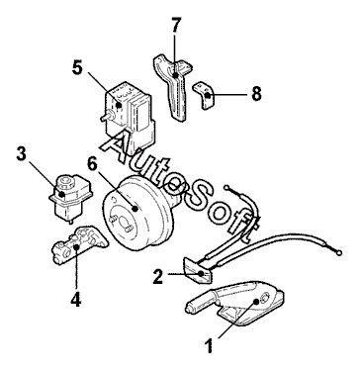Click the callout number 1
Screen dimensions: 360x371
point(209,346)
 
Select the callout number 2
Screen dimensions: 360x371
point(158,276)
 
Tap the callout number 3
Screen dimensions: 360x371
point(22,153)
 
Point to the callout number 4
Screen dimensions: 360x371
point(76,299)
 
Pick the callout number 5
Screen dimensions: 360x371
point(77,67)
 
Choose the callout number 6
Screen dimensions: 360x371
point(93,163)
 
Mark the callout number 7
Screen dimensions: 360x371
point(176,25)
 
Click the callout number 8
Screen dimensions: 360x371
point(256,93)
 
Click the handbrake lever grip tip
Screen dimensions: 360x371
point(189,309)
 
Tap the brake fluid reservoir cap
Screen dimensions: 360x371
point(65,180)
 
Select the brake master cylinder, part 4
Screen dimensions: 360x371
point(80,244)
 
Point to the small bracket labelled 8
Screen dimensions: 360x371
point(205,95)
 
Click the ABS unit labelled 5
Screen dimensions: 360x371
point(130,113)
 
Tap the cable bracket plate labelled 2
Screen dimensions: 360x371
point(198,270)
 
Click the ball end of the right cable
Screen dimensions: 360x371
point(338,253)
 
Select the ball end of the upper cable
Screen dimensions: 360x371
point(226,188)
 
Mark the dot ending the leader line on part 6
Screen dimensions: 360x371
point(135,208)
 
